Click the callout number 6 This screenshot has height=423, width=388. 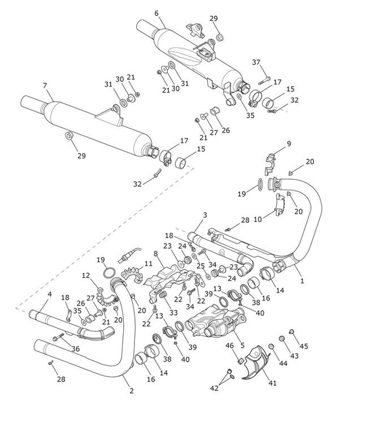click(156, 13)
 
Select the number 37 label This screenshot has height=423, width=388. click(256, 62)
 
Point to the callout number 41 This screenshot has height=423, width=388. click(272, 382)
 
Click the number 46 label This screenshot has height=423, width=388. click(230, 345)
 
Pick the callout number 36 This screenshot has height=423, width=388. click(75, 349)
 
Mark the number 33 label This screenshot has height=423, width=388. click(173, 312)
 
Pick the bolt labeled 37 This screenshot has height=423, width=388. click(267, 77)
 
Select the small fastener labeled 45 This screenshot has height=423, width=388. click(292, 332)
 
